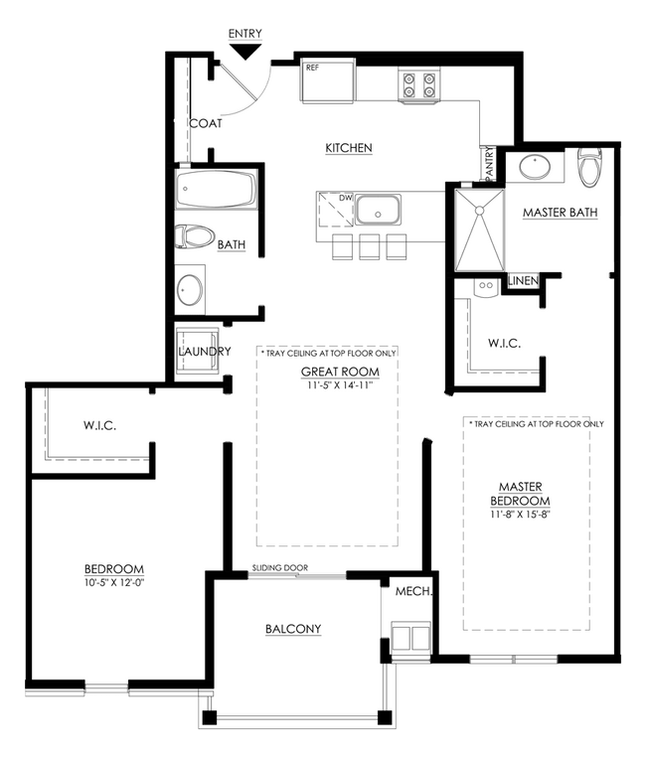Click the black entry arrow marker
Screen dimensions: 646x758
tap(245, 52)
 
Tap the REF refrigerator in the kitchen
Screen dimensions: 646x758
tap(328, 80)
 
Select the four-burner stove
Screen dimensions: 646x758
tap(419, 85)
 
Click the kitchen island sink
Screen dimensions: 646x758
tap(379, 211)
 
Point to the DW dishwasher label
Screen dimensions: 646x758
tap(345, 199)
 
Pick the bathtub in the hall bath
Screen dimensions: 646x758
tap(216, 189)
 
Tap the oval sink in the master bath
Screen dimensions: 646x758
tap(535, 167)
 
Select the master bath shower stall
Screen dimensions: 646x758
tap(480, 230)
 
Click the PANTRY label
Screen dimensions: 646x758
tap(489, 163)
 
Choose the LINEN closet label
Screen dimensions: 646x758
tap(524, 280)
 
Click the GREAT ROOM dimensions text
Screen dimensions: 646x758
tap(340, 385)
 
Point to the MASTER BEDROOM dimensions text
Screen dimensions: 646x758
tap(521, 515)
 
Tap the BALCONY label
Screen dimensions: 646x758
tap(293, 629)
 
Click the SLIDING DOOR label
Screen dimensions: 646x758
tap(280, 568)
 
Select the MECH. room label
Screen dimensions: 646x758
tap(413, 591)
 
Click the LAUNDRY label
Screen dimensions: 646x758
tap(205, 352)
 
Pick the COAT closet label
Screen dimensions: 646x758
tap(206, 124)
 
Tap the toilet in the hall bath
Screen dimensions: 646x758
tap(195, 236)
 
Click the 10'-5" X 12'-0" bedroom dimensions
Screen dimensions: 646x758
tap(114, 582)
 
